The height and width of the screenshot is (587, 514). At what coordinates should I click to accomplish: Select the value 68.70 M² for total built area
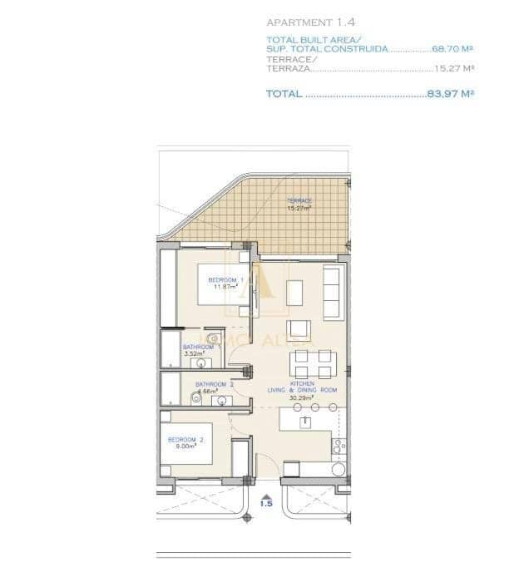(452, 49)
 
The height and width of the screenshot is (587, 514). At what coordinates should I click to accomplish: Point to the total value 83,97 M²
(450, 94)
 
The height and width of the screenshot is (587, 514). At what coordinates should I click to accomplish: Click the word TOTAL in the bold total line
(284, 94)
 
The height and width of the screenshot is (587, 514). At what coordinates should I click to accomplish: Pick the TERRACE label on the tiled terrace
(299, 201)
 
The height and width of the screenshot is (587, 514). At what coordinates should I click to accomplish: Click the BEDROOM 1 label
(222, 279)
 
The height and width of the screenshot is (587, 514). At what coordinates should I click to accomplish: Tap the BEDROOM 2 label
(185, 438)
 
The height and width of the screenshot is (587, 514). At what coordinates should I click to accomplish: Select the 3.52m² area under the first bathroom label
(193, 353)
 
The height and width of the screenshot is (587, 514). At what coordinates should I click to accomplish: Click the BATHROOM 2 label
(215, 384)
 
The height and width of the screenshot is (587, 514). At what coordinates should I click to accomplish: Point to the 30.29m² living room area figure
(301, 398)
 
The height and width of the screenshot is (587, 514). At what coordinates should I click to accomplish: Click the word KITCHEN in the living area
(301, 383)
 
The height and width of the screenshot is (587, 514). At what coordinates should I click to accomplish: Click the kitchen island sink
(306, 422)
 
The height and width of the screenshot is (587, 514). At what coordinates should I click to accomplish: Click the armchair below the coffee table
(297, 326)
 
